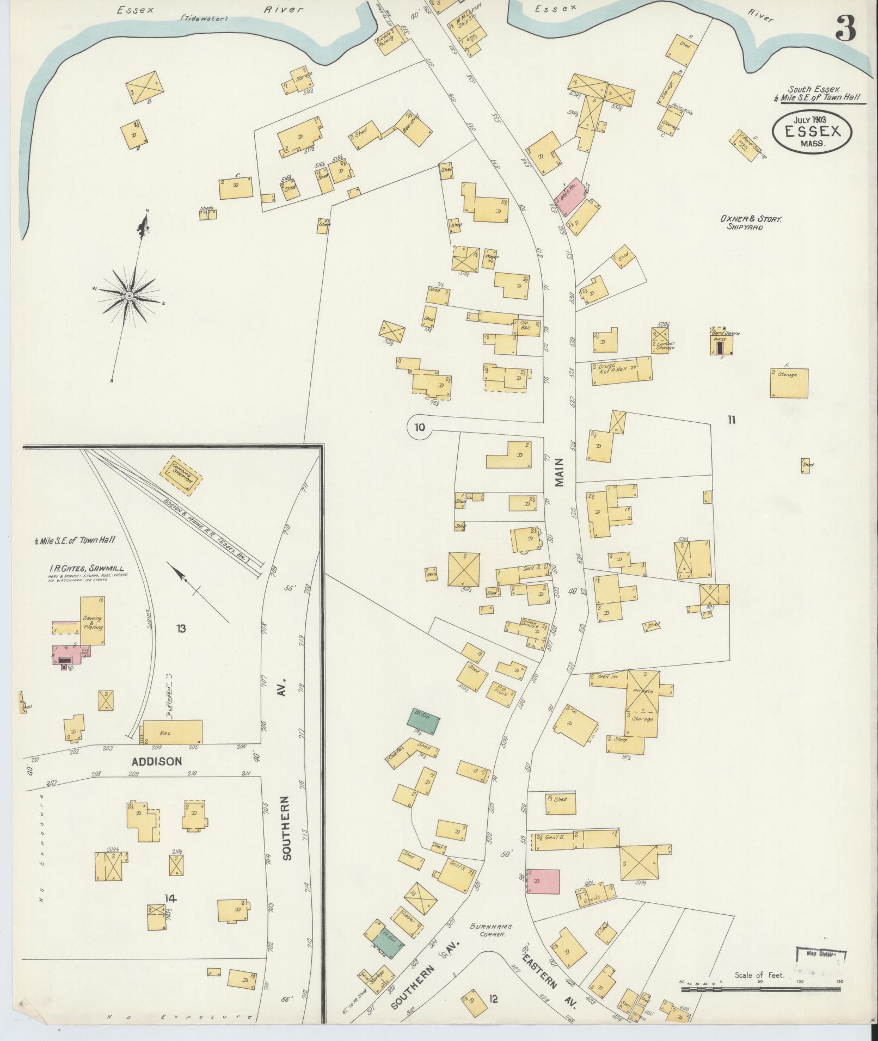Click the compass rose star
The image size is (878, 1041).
coord(130,295)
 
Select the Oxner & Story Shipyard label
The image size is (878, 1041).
coord(751,223)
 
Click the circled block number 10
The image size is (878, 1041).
coord(419,427)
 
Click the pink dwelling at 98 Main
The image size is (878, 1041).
coord(543,880)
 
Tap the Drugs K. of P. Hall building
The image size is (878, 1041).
coord(621,372)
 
